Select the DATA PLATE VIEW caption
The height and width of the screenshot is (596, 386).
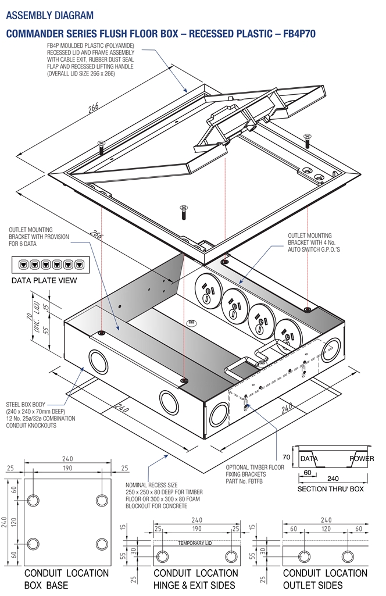click(x=45, y=281)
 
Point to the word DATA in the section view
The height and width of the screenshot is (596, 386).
click(x=309, y=459)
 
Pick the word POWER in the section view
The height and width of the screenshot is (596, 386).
click(x=353, y=459)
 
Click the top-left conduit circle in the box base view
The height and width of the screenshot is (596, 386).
click(x=34, y=500)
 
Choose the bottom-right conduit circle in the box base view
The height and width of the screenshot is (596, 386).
click(x=102, y=544)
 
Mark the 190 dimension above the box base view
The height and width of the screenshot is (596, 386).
click(x=68, y=468)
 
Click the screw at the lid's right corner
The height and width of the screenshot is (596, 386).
click(x=308, y=140)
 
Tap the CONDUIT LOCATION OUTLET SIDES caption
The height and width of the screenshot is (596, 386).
click(x=324, y=579)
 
